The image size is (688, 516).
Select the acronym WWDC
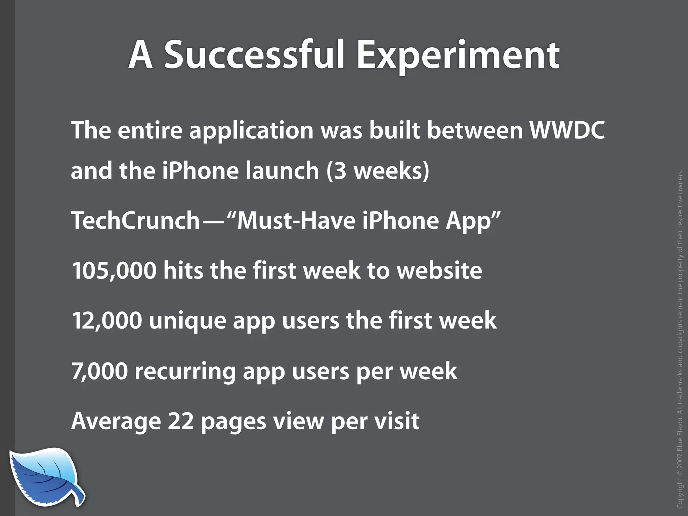(x=567, y=130)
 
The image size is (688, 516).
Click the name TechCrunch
(x=136, y=220)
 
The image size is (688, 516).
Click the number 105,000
(x=114, y=270)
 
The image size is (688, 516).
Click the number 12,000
(x=107, y=320)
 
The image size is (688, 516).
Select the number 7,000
(x=99, y=371)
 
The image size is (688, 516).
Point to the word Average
(x=116, y=421)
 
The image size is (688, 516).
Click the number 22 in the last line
(x=181, y=421)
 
